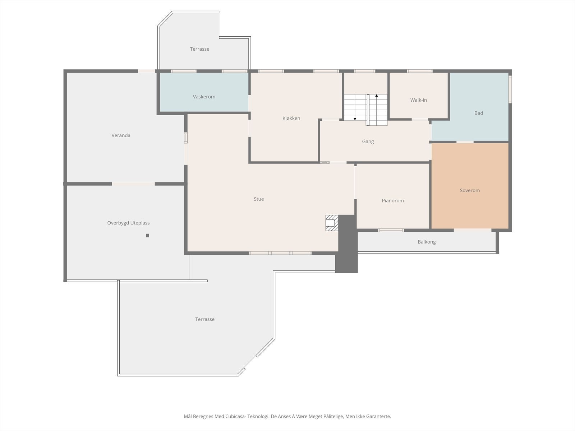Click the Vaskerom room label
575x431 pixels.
pos(204,97)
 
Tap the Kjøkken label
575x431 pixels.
pos(291,118)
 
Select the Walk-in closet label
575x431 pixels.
pos(419,100)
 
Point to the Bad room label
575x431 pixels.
pos(479,113)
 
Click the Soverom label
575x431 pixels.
pos(470,190)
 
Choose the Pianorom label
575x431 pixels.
pos(393,200)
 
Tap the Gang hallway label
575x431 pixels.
pos(368,142)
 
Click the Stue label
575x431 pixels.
pos(259,199)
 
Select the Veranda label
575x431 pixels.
pos(121,135)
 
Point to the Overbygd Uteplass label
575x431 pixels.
pos(128,223)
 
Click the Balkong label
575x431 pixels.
pos(427,242)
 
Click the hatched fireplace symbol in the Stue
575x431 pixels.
pos(332,223)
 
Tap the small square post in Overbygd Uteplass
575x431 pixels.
pos(147,236)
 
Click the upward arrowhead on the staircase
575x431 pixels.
pos(376,96)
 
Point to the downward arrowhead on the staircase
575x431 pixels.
pos(355,119)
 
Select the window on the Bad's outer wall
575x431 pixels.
pos(510,89)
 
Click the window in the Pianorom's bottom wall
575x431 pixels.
pos(391,230)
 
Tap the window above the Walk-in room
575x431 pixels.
pos(420,71)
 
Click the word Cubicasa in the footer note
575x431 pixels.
pos(236,416)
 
